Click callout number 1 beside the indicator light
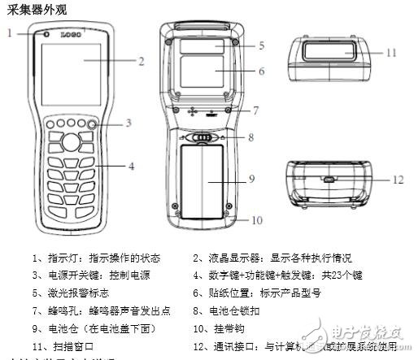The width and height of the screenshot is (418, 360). click(x=11, y=33)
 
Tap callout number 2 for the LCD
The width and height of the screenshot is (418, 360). click(x=141, y=60)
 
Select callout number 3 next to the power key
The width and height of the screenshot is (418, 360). click(x=128, y=123)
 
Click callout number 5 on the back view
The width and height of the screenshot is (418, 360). click(x=261, y=46)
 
